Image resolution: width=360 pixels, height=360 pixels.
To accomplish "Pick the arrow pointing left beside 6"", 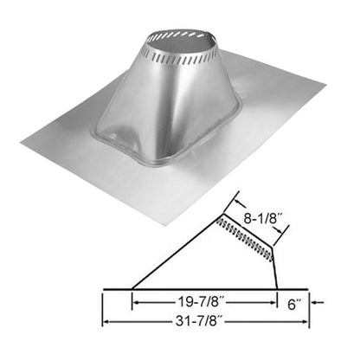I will [315, 304].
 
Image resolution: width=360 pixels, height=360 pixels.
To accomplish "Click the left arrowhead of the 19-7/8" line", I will [136, 304].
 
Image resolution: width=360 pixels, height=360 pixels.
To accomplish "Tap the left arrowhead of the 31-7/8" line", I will [107, 324].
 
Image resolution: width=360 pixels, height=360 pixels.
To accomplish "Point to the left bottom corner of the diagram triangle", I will [132, 288].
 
